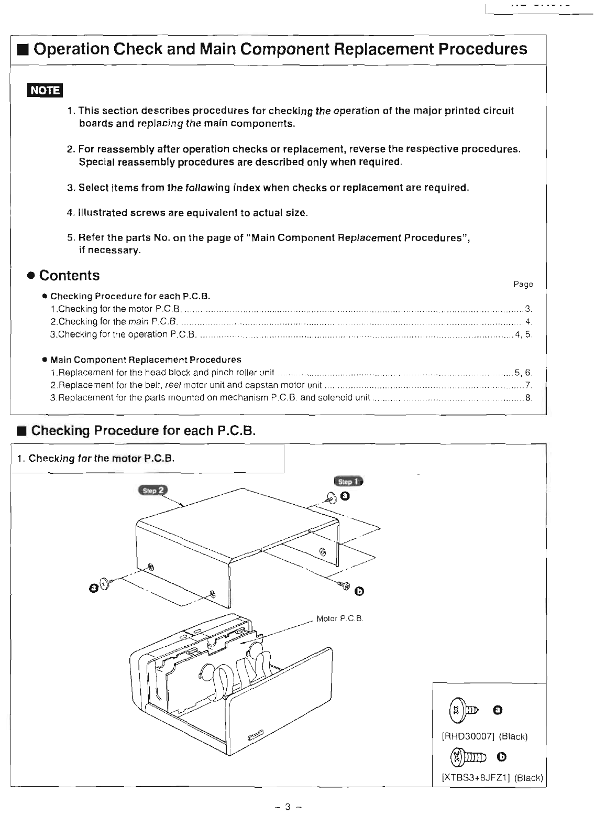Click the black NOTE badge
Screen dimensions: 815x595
[x=45, y=90]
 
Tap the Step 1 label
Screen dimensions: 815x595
[x=348, y=481]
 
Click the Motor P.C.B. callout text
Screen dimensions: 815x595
[x=340, y=618]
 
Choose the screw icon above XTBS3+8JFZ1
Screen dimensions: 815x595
[x=468, y=757]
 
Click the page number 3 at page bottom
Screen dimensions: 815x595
[x=288, y=807]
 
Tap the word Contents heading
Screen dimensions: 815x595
[x=69, y=276]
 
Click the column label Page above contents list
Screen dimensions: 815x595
[x=523, y=284]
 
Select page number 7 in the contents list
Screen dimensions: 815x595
[x=528, y=385]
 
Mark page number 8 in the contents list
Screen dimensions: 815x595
[x=528, y=398]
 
